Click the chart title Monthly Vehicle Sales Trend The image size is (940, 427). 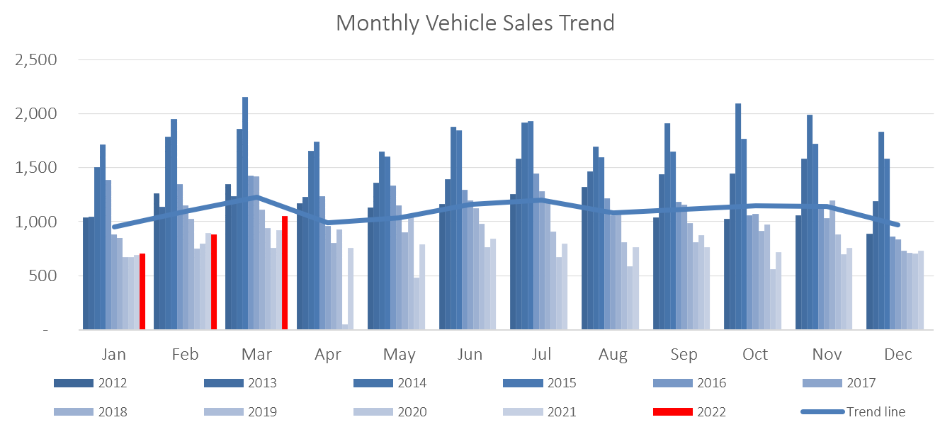coord(475,23)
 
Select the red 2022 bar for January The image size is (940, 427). coord(142,292)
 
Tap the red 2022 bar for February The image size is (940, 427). coord(213,282)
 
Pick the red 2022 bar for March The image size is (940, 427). coord(285,273)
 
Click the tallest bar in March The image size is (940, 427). coord(245,213)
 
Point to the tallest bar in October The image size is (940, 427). coord(738,216)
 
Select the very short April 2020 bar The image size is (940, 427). coord(345,326)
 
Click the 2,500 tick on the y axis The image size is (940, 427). coord(35,59)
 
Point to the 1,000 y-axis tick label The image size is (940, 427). coord(35,222)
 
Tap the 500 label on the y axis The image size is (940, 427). coord(44,275)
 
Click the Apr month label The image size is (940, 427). coord(327,354)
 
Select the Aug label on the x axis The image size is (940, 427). coord(612,354)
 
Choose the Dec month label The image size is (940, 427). coord(897,354)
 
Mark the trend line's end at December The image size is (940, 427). coord(897,225)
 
